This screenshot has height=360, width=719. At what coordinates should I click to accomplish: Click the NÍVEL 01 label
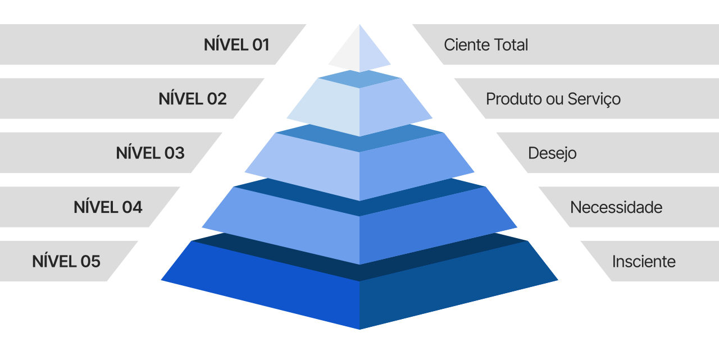click(236, 45)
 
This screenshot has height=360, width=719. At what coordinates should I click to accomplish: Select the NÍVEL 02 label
click(193, 99)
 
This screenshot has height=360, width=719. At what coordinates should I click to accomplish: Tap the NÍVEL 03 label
click(150, 153)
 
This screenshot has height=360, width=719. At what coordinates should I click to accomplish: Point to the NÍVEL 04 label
click(108, 207)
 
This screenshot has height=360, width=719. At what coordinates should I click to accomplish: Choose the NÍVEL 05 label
click(66, 262)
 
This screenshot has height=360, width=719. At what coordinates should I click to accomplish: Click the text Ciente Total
click(486, 45)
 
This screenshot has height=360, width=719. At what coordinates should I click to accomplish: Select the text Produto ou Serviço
click(553, 99)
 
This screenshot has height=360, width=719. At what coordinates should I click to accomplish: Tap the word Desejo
click(552, 153)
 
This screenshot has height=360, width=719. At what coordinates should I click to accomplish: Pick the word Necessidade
click(616, 208)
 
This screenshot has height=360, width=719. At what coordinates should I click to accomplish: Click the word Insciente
click(644, 262)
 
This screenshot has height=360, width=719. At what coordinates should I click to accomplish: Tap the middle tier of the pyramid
click(359, 166)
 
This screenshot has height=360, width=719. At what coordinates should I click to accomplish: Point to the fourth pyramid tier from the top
click(359, 225)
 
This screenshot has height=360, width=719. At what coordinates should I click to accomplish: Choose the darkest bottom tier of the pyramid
click(359, 292)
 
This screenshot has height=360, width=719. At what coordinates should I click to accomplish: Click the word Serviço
click(594, 99)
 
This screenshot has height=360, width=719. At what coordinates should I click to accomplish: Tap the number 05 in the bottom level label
click(90, 262)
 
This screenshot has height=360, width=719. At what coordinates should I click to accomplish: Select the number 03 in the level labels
click(174, 153)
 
